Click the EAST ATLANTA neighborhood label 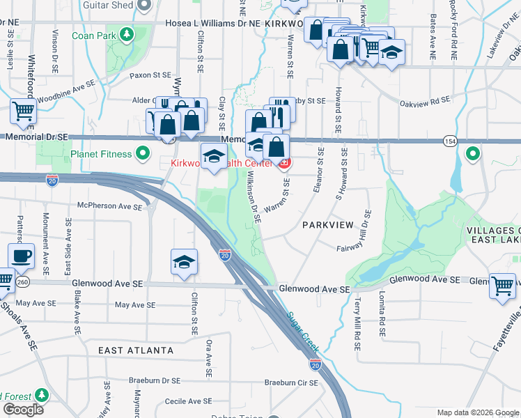136,350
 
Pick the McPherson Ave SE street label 110,206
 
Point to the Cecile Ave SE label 188,401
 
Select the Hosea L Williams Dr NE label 212,23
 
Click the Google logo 23,409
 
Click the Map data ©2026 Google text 476,412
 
